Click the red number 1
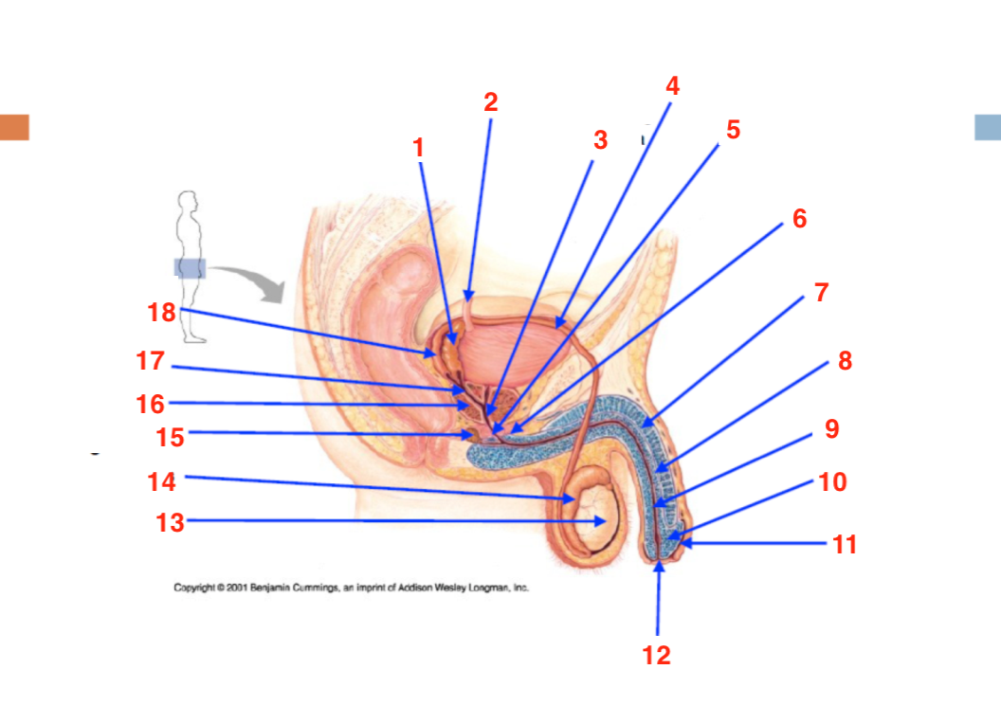[419, 147]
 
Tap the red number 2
[490, 102]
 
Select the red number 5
[733, 130]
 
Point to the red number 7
[822, 292]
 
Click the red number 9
[831, 428]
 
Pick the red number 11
[845, 544]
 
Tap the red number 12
[656, 656]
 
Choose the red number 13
[168, 522]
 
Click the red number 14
[161, 481]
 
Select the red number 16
[150, 405]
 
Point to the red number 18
[161, 312]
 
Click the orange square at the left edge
[14, 127]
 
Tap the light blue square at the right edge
[988, 127]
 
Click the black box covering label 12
[658, 661]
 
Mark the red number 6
[799, 219]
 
